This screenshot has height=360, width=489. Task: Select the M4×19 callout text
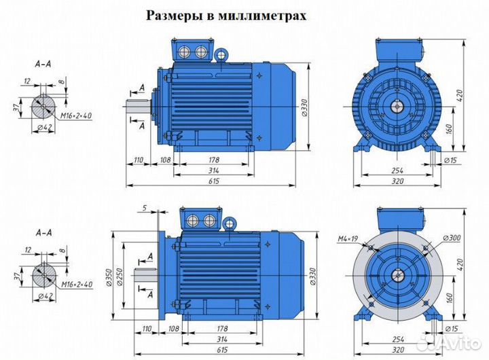point(348,238)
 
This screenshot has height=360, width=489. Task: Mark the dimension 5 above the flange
point(145,207)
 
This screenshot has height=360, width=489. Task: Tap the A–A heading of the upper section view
point(43,65)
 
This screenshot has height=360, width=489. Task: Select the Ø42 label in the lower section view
point(46,296)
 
